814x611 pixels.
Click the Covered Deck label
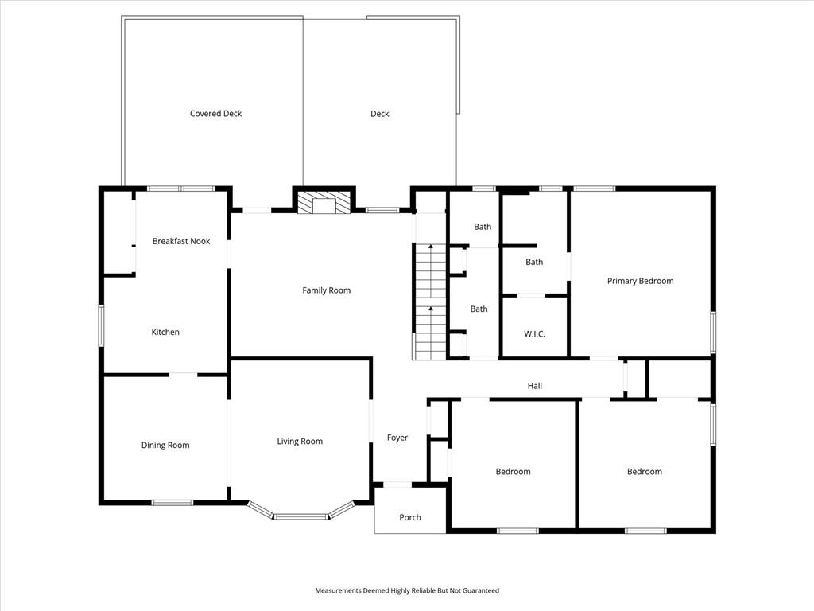216,113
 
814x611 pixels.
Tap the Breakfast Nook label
181,241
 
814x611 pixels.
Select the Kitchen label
165,332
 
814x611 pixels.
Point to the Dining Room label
165,446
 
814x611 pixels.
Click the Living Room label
300,442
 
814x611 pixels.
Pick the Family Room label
327,290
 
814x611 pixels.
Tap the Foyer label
397,438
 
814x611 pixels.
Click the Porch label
410,517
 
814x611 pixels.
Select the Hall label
535,386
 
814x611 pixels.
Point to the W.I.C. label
535,333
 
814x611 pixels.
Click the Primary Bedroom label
641,281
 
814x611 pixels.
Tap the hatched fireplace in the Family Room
325,203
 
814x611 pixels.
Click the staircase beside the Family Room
430,302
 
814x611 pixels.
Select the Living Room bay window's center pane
301,516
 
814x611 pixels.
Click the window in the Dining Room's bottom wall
172,503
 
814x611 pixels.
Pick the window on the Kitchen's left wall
101,325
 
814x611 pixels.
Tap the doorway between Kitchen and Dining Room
184,374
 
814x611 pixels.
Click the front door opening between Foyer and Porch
397,485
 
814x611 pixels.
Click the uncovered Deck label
379,114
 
